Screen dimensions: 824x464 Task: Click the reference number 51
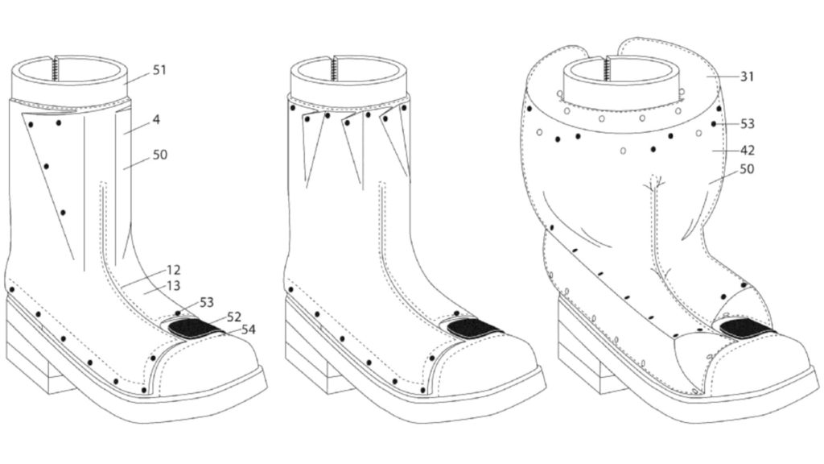click(x=159, y=70)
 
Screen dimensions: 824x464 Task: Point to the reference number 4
click(x=156, y=120)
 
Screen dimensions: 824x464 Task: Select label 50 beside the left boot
click(x=160, y=155)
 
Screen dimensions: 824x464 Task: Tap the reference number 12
click(x=174, y=270)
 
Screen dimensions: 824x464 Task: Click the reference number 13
click(x=174, y=286)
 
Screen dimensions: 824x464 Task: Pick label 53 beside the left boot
click(x=207, y=303)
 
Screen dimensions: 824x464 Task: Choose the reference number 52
click(x=234, y=317)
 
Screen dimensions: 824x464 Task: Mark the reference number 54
click(x=248, y=329)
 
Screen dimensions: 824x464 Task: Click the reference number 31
click(x=747, y=77)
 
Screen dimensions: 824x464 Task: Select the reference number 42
click(x=747, y=151)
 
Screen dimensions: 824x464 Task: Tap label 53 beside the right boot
click(x=747, y=123)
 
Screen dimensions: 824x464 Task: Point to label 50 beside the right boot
click(x=746, y=169)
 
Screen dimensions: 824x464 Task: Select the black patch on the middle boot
click(x=474, y=329)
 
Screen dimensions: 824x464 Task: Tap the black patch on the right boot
click(x=747, y=329)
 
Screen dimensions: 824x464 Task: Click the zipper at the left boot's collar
click(x=55, y=68)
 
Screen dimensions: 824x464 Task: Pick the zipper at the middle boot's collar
click(x=333, y=68)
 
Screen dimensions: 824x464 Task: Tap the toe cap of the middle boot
click(x=484, y=363)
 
